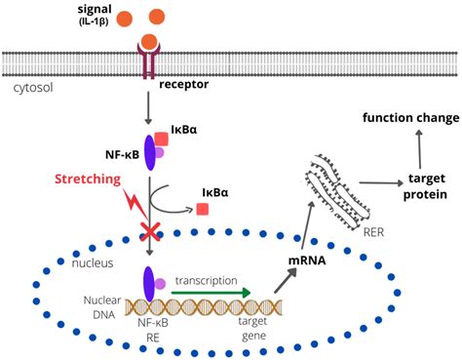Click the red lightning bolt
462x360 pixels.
coord(135,205)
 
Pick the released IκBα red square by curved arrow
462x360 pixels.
coord(202,209)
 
